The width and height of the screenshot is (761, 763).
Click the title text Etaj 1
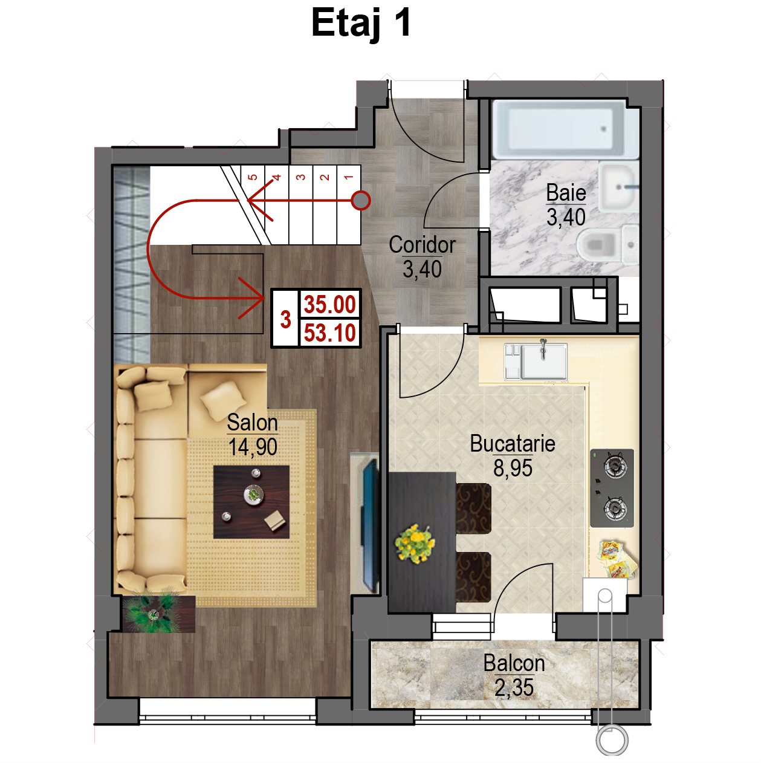pyautogui.click(x=361, y=24)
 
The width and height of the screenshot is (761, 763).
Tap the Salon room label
pyautogui.click(x=252, y=422)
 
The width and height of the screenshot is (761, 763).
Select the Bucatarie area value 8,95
pyautogui.click(x=513, y=468)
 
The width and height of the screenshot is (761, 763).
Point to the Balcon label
pyautogui.click(x=514, y=663)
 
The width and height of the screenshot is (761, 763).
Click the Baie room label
pyautogui.click(x=566, y=193)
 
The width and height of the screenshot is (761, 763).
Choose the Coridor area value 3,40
pyautogui.click(x=422, y=269)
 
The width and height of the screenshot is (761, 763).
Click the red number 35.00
pyautogui.click(x=329, y=305)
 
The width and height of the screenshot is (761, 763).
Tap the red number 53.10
pyautogui.click(x=329, y=333)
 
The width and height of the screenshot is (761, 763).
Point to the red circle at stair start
pyautogui.click(x=361, y=200)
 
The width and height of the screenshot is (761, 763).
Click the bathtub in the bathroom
pyautogui.click(x=565, y=129)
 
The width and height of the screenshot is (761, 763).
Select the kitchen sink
pyautogui.click(x=536, y=361)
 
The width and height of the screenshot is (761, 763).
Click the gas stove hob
pyautogui.click(x=612, y=488)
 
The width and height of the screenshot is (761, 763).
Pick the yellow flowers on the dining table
pyautogui.click(x=415, y=544)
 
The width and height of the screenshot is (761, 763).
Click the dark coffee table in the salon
pyautogui.click(x=251, y=502)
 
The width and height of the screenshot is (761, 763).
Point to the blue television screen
pyautogui.click(x=370, y=525)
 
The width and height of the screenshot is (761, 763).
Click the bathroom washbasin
pyautogui.click(x=618, y=186)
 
